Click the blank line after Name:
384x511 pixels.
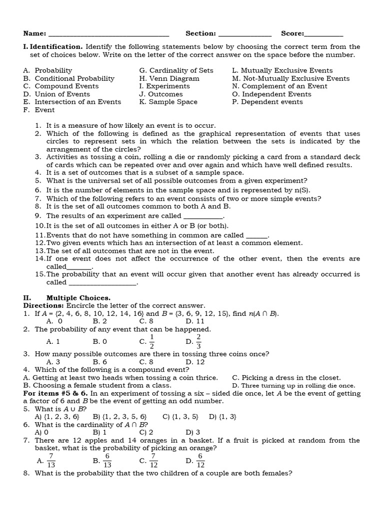click(108, 35)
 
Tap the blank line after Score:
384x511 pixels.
click(324, 35)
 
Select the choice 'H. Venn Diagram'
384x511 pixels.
click(169, 78)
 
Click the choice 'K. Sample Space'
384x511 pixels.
click(168, 102)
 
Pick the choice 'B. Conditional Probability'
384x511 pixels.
click(68, 78)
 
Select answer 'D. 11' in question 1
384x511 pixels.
click(193, 321)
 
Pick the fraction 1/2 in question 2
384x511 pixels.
click(151, 342)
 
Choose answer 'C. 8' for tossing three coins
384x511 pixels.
click(146, 362)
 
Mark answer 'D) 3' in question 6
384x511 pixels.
click(193, 432)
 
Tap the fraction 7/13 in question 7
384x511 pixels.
click(51, 461)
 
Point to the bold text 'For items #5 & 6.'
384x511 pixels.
click(55, 393)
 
